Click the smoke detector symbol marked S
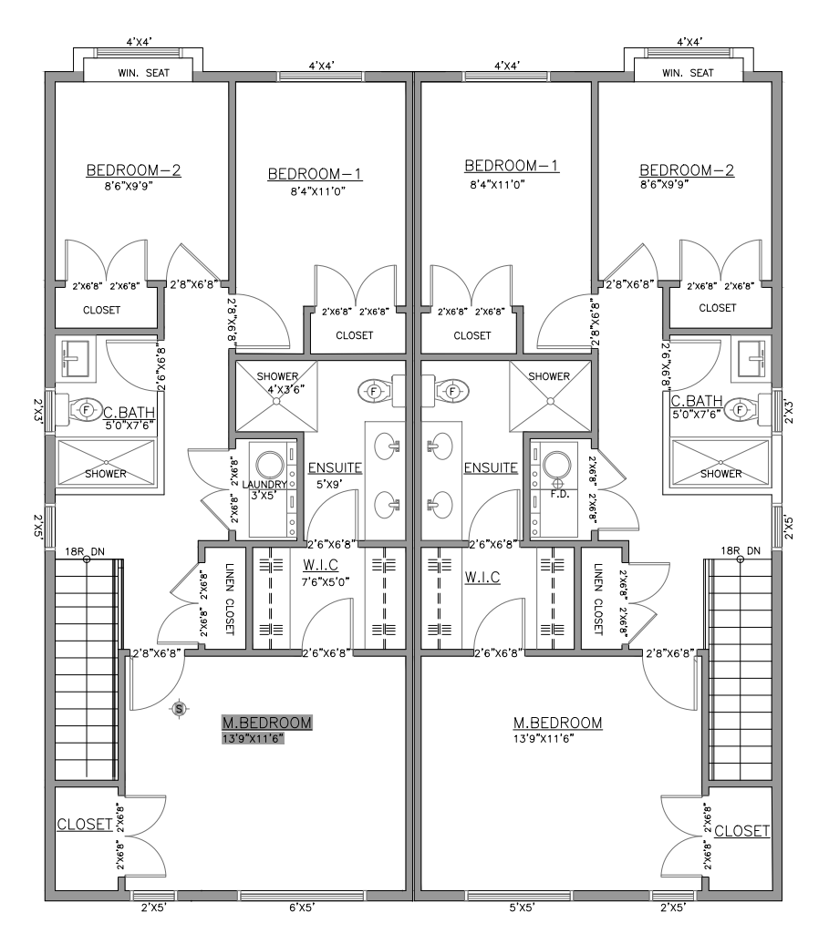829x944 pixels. pyautogui.click(x=180, y=707)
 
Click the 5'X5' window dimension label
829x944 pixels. pyautogui.click(x=521, y=908)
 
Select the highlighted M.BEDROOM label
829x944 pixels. pyautogui.click(x=267, y=723)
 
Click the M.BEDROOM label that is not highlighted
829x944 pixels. pyautogui.click(x=558, y=723)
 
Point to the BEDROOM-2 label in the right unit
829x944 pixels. pyautogui.click(x=687, y=170)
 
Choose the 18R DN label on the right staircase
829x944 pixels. pyautogui.click(x=740, y=551)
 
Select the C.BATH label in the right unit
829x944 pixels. pyautogui.click(x=697, y=402)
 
